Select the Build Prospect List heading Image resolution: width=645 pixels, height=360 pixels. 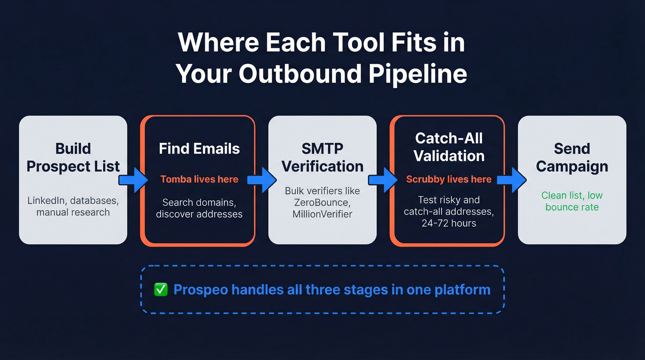click(x=73, y=157)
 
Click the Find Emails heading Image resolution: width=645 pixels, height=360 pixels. click(x=199, y=148)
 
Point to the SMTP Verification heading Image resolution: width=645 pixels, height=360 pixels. click(x=322, y=157)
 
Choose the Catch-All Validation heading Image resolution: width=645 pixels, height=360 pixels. click(x=449, y=147)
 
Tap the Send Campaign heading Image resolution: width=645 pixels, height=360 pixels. click(x=572, y=157)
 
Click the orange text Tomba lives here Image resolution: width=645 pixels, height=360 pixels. click(x=199, y=179)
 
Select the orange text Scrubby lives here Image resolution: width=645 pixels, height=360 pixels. click(x=449, y=179)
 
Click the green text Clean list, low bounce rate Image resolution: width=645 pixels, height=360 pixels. click(x=572, y=201)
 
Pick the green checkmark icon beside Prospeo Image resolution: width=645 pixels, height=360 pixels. click(x=161, y=290)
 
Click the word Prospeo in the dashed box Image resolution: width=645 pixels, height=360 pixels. click(x=200, y=290)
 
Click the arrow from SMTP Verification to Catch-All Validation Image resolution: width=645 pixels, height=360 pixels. click(x=383, y=180)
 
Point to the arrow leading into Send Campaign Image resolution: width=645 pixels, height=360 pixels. click(x=511, y=180)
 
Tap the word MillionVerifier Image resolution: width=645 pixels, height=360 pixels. click(x=322, y=214)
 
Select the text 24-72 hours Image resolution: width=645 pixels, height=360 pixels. click(x=449, y=223)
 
